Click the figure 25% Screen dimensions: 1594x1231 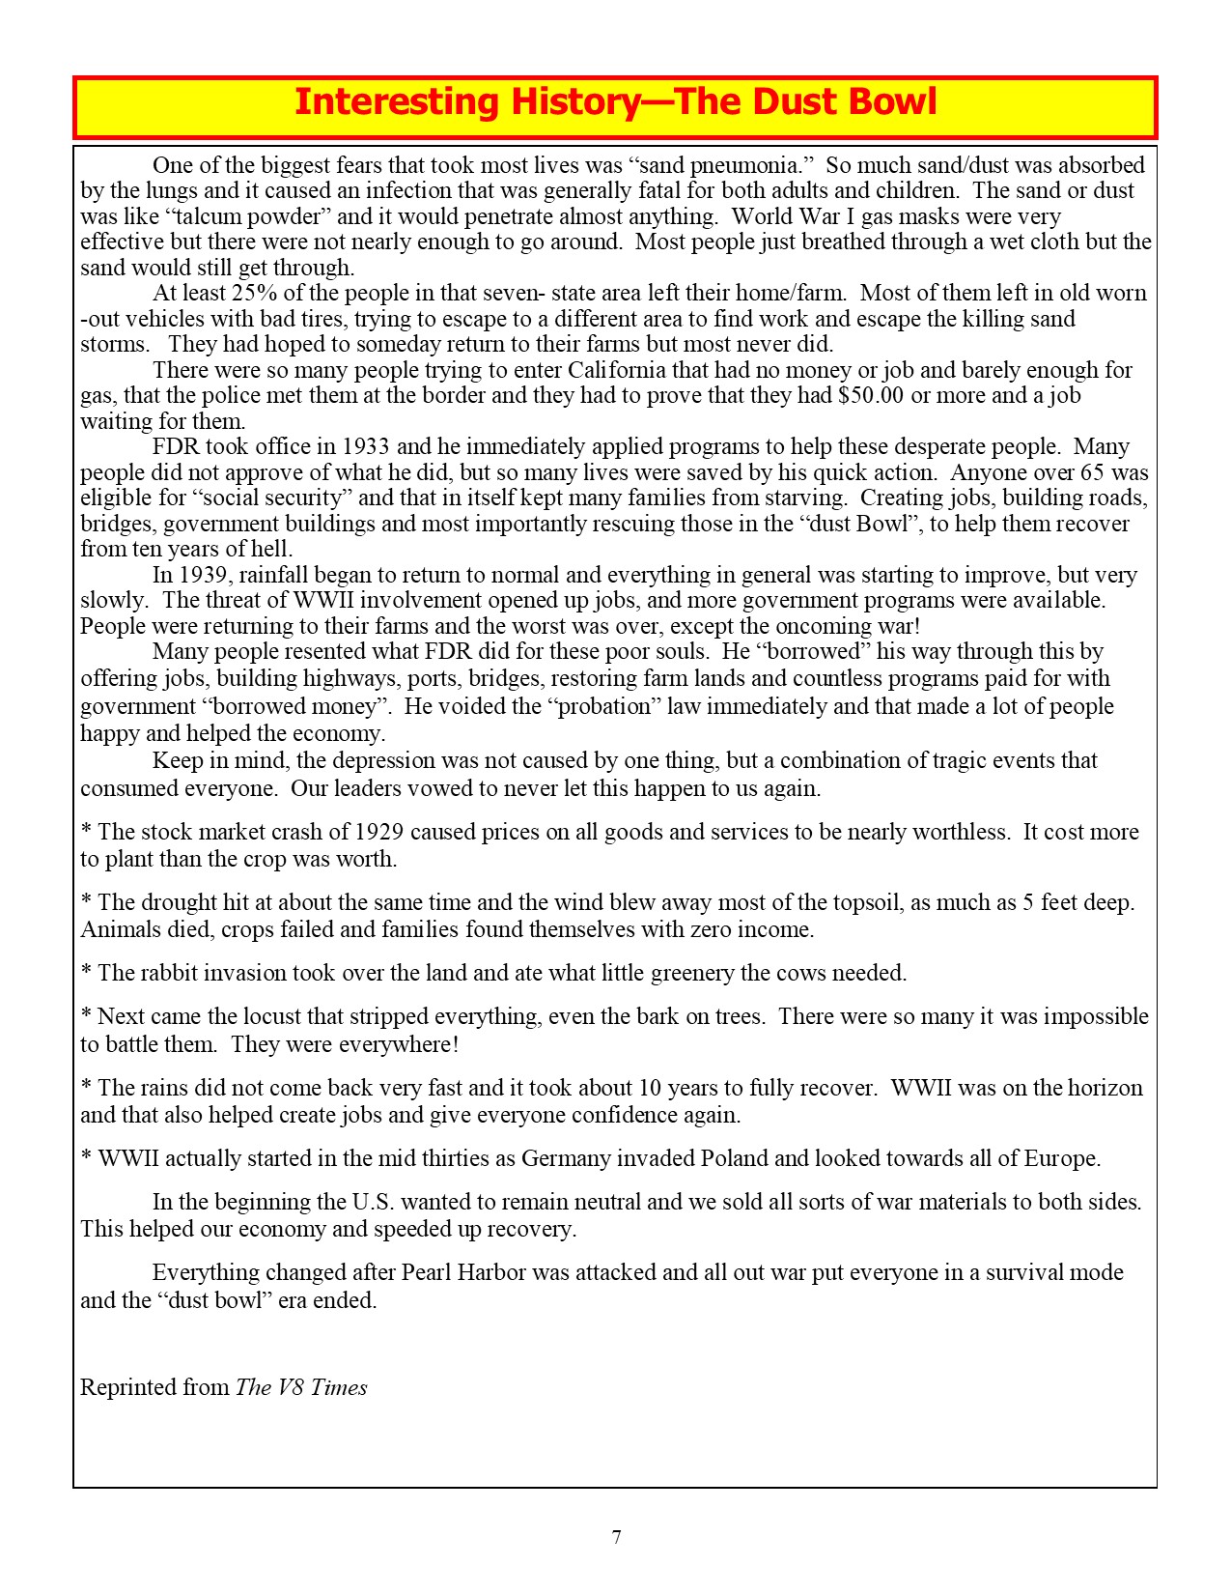(x=254, y=293)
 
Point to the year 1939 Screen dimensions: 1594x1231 (x=201, y=575)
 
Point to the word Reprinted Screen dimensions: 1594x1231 (x=127, y=1387)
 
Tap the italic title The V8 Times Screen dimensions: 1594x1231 (x=301, y=1387)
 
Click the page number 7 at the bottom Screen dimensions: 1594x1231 (x=616, y=1537)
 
